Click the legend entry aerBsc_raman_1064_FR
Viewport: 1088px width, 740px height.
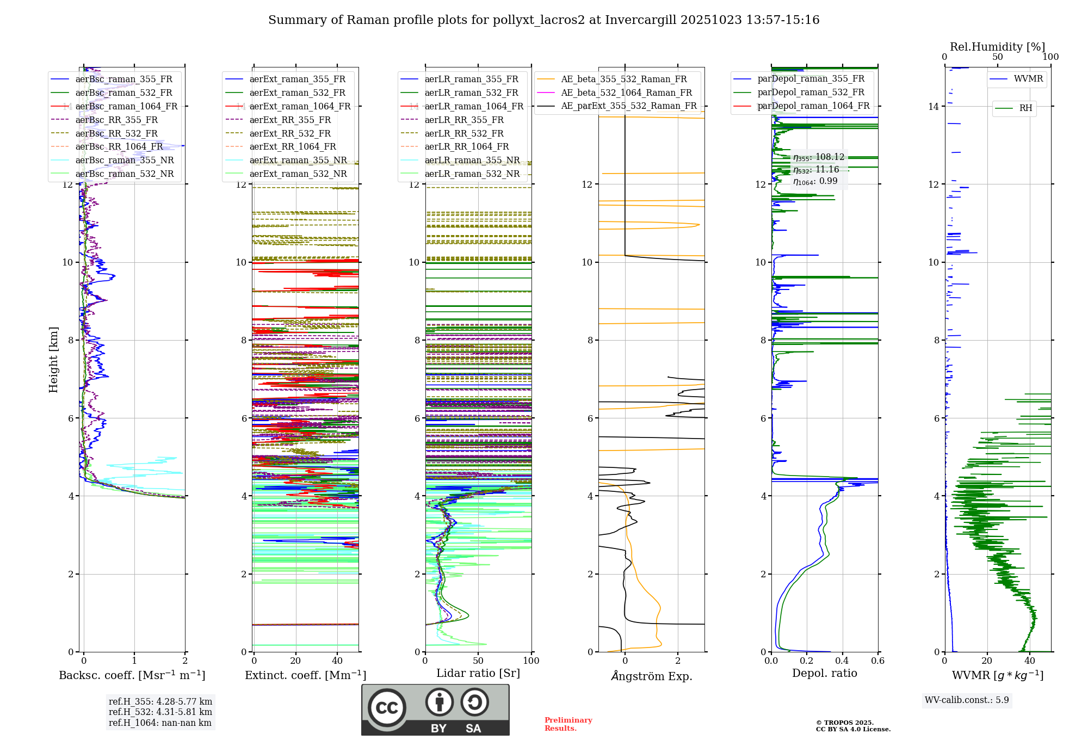126,107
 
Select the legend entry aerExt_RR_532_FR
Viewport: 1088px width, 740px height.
290,133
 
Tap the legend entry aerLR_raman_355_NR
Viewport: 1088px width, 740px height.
472,161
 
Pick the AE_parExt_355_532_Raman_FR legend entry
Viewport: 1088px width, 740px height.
628,106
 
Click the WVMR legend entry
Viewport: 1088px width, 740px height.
1028,79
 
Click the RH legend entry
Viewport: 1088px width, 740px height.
1025,108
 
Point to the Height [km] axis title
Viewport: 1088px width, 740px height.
53,360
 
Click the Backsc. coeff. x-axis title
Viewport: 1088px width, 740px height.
132,675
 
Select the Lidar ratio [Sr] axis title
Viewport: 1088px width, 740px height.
478,673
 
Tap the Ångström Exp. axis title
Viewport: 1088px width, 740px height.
652,676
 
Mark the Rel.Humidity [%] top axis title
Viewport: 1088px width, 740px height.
997,47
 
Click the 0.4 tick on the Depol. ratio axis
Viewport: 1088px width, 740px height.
842,661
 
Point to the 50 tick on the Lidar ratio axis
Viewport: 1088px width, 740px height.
478,661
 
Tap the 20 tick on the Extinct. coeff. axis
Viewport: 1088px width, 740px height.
295,661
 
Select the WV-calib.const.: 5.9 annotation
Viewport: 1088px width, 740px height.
967,700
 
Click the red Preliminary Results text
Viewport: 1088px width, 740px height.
568,724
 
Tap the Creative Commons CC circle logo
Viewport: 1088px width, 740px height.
387,708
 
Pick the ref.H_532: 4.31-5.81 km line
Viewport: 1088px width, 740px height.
160,712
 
